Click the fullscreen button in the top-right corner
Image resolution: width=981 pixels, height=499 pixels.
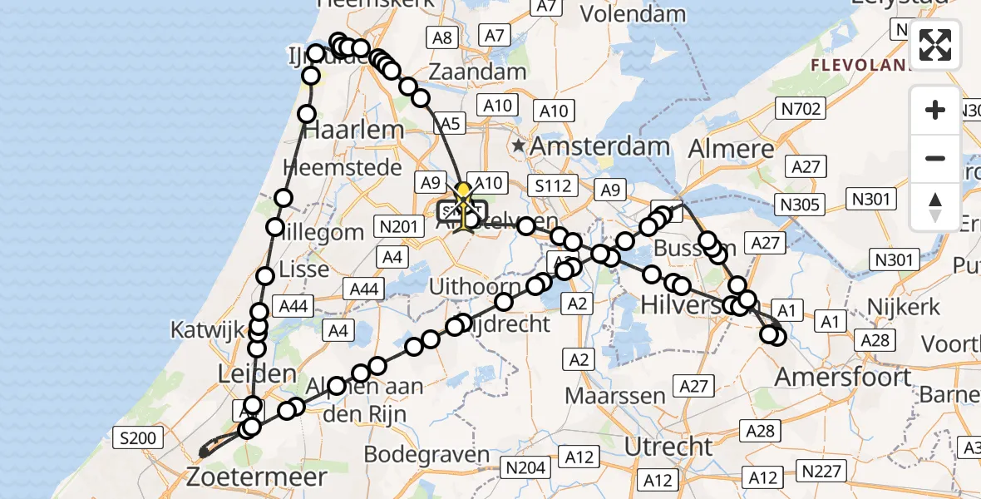(x=935, y=44)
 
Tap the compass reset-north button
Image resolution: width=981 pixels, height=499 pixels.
(x=935, y=206)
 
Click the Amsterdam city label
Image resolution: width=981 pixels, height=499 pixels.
(x=599, y=146)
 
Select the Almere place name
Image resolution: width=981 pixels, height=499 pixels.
(x=731, y=150)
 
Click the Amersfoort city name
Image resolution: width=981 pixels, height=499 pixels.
(x=843, y=377)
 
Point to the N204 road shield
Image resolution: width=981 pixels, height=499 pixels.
(x=527, y=468)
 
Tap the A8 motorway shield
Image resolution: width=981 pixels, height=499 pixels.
(x=441, y=37)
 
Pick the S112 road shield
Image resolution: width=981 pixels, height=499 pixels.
(x=552, y=185)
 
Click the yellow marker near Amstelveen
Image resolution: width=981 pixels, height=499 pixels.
(x=463, y=192)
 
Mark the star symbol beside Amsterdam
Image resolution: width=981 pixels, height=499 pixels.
(x=520, y=146)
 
